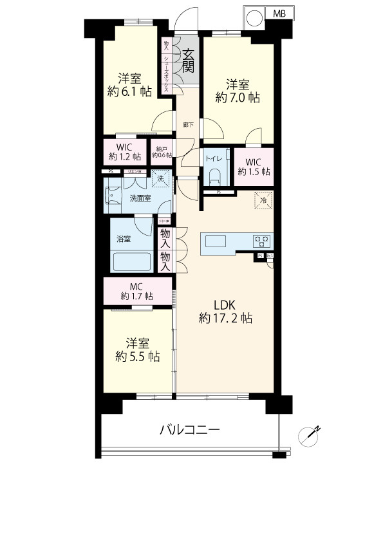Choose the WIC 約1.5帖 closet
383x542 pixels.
tap(254, 166)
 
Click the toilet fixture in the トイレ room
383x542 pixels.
tap(215, 176)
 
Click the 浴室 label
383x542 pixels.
tap(124, 238)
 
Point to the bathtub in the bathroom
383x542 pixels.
tap(131, 262)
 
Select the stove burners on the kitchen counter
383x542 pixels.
tap(262, 241)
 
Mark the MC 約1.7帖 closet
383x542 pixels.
tap(136, 291)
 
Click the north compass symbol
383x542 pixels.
tap(309, 436)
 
